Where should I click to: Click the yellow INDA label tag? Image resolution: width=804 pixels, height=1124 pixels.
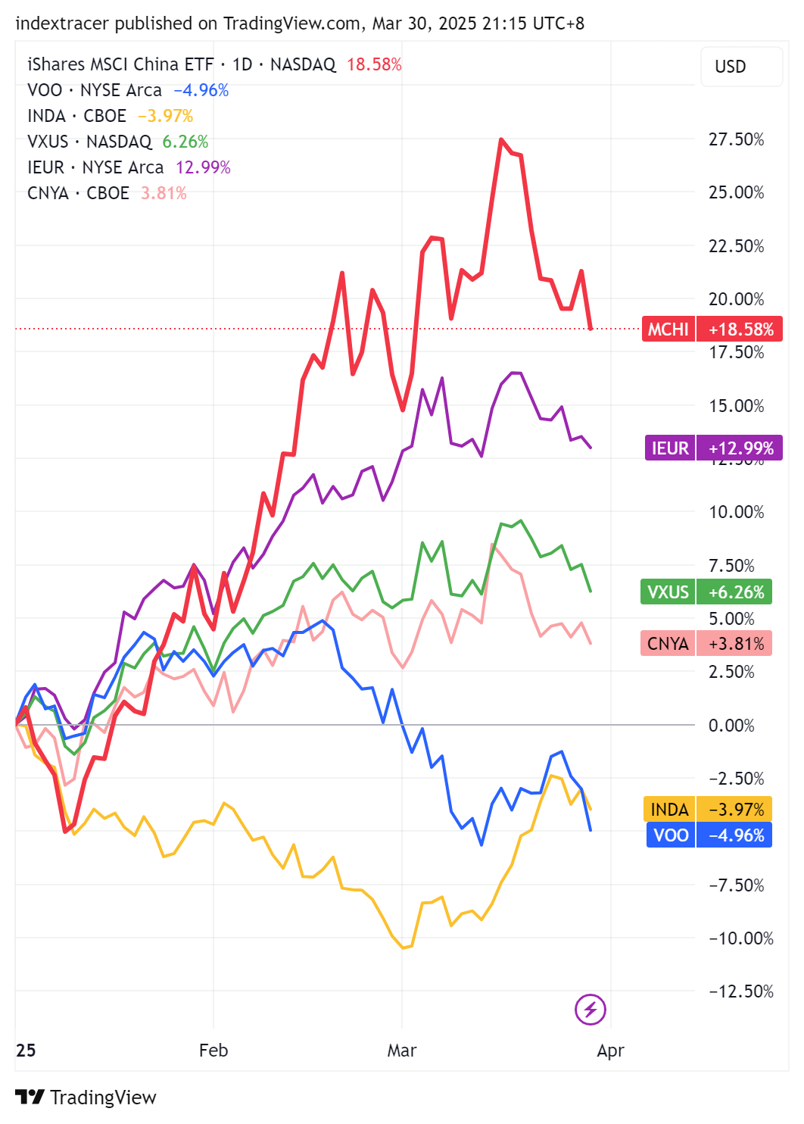706,810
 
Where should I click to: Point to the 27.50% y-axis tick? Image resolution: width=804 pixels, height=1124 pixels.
736,139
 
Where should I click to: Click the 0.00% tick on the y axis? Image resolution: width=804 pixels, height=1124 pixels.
731,726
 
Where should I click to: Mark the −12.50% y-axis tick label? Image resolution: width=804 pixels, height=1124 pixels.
740,991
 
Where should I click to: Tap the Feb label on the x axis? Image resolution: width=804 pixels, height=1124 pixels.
213,1051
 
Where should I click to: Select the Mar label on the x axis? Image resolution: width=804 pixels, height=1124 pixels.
402,1051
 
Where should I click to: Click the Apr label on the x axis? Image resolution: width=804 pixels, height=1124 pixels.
611,1051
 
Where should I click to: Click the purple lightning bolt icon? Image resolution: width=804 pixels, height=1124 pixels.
591,1009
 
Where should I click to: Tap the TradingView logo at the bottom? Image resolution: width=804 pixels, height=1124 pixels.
86,1097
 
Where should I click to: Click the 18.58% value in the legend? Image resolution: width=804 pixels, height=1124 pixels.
374,64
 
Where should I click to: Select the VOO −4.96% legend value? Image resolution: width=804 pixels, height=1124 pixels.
201,90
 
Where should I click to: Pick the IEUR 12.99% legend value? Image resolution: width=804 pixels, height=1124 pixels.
203,167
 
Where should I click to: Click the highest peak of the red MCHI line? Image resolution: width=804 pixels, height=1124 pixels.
501,140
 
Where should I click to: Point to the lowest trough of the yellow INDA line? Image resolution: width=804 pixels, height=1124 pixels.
403,948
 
